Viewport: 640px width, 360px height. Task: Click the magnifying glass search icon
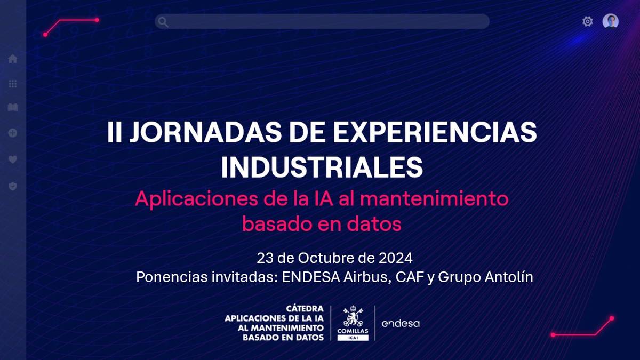click(163, 22)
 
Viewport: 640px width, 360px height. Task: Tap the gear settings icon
click(587, 21)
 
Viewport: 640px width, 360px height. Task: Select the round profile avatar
click(611, 21)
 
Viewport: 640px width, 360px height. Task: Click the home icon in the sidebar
click(13, 59)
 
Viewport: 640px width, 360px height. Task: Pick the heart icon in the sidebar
click(13, 159)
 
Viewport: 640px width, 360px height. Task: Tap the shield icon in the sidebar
click(13, 186)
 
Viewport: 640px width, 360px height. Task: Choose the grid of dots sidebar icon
click(13, 84)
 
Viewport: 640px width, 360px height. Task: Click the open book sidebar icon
click(13, 107)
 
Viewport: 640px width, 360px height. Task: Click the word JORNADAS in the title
click(205, 132)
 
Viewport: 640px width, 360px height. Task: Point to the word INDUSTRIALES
click(322, 167)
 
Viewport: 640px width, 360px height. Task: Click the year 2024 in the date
click(395, 258)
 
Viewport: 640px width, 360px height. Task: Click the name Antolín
click(509, 277)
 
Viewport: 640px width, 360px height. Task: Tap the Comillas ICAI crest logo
click(353, 323)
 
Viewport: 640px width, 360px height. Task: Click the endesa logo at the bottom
click(401, 324)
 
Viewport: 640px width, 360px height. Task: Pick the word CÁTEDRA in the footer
click(305, 309)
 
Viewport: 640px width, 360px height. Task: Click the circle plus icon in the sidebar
click(13, 133)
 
